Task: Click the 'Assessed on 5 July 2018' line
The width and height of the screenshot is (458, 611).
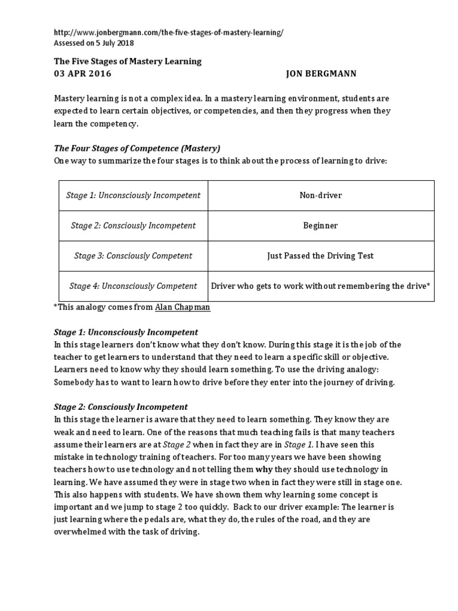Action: pos(94,43)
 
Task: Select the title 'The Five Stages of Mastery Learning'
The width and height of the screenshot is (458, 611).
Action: pos(128,61)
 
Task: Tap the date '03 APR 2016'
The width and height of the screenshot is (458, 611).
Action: pos(82,74)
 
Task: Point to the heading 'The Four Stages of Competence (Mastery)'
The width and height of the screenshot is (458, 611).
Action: pos(138,149)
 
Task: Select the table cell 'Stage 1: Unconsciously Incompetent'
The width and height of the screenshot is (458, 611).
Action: pos(133,196)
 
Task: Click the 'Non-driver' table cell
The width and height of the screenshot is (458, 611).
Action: pos(321,196)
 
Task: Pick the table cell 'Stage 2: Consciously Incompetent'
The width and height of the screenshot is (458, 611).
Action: pos(133,226)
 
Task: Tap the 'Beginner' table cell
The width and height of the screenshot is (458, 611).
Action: pos(321,226)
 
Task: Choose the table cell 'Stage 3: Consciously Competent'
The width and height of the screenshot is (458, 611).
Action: pos(133,256)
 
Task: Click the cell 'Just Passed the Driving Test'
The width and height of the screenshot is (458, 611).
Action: pos(321,256)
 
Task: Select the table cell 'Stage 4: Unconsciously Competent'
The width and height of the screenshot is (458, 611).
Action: pos(133,286)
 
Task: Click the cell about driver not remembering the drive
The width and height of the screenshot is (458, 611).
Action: pos(321,286)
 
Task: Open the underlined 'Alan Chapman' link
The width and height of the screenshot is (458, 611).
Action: pos(182,307)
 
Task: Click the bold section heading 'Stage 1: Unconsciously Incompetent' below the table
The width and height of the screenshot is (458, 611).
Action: pos(126,332)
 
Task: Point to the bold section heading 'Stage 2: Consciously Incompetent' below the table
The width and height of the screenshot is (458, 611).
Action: pos(121,408)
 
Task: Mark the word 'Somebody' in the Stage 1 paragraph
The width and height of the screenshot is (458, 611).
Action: pos(73,382)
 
